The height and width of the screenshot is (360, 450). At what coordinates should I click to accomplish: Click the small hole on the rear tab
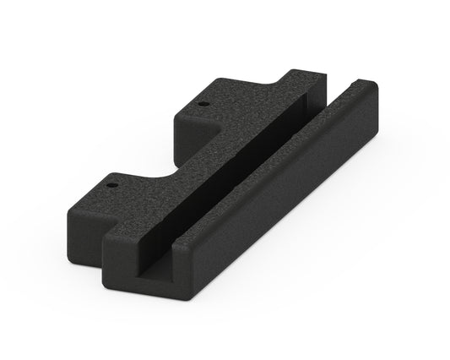click(x=204, y=103)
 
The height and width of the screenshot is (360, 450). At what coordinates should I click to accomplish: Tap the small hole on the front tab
click(x=111, y=180)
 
